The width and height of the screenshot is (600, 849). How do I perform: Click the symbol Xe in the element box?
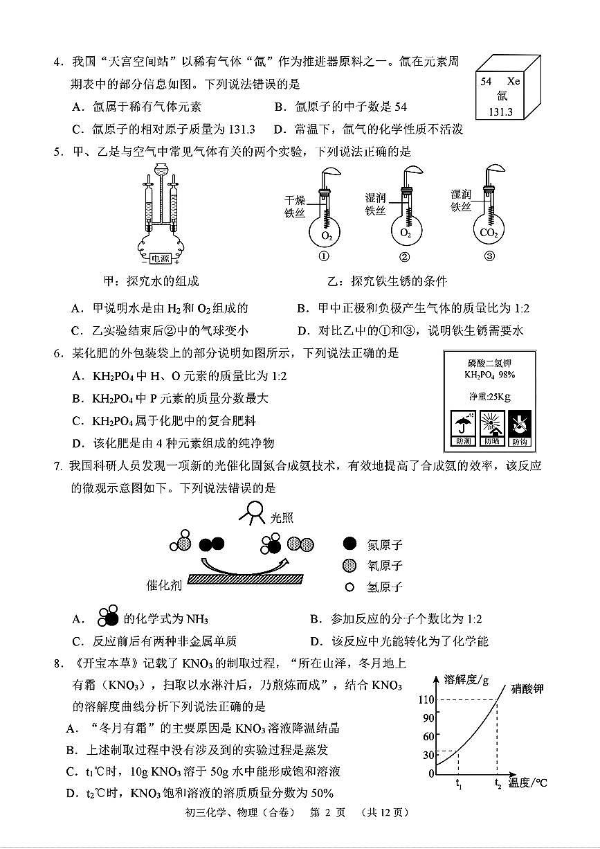[513, 81]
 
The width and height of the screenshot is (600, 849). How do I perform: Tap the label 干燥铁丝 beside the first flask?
[295, 207]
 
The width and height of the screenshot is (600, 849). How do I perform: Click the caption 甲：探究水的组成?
[150, 281]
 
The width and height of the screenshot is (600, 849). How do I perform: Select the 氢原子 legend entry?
[374, 587]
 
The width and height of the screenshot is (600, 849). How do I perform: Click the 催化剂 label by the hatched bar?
[164, 584]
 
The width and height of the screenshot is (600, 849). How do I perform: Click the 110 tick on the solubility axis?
[426, 699]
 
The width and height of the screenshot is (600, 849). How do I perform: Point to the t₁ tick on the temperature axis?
[458, 785]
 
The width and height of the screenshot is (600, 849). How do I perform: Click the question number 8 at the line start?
[59, 663]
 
